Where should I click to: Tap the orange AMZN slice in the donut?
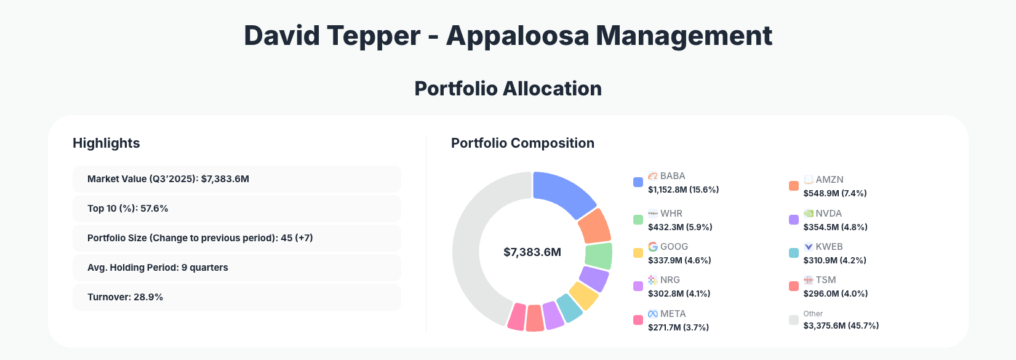pyautogui.click(x=594, y=226)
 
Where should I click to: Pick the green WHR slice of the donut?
pyautogui.click(x=599, y=256)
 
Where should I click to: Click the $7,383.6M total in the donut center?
pyautogui.click(x=532, y=252)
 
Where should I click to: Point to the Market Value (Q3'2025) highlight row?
pyautogui.click(x=236, y=179)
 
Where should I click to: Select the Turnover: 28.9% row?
pyautogui.click(x=236, y=297)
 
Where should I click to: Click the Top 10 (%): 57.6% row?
pyautogui.click(x=236, y=209)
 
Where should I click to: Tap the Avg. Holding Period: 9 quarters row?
pyautogui.click(x=236, y=268)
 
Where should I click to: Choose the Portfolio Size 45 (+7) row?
pyautogui.click(x=236, y=238)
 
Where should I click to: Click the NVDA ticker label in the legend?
pyautogui.click(x=828, y=214)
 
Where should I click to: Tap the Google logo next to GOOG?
pyautogui.click(x=653, y=247)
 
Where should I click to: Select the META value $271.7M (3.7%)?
pyautogui.click(x=678, y=327)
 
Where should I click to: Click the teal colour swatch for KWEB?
pyautogui.click(x=794, y=253)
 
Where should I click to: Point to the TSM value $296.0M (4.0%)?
pyautogui.click(x=835, y=294)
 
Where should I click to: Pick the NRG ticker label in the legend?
pyautogui.click(x=670, y=280)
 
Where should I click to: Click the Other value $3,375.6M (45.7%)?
pyautogui.click(x=841, y=326)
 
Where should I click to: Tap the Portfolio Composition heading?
pyautogui.click(x=522, y=143)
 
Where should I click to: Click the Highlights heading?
pyautogui.click(x=106, y=143)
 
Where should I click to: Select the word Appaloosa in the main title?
pyautogui.click(x=518, y=36)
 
